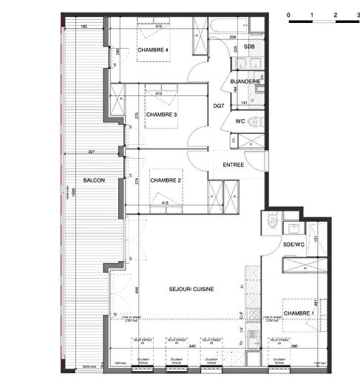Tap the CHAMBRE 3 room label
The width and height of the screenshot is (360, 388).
click(160, 115)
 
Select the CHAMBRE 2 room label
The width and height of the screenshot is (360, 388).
click(166, 180)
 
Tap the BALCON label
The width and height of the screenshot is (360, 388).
click(93, 180)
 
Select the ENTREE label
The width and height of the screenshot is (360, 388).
click(234, 165)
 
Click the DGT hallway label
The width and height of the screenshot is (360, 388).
click(219, 106)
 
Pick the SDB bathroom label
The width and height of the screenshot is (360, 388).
click(250, 47)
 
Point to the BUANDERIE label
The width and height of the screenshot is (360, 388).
click(244, 81)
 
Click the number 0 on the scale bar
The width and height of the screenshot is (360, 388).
click(289, 15)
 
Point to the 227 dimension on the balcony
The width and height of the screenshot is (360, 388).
click(91, 152)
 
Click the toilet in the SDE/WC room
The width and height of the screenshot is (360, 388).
click(271, 220)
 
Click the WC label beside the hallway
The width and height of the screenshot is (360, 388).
click(240, 120)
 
